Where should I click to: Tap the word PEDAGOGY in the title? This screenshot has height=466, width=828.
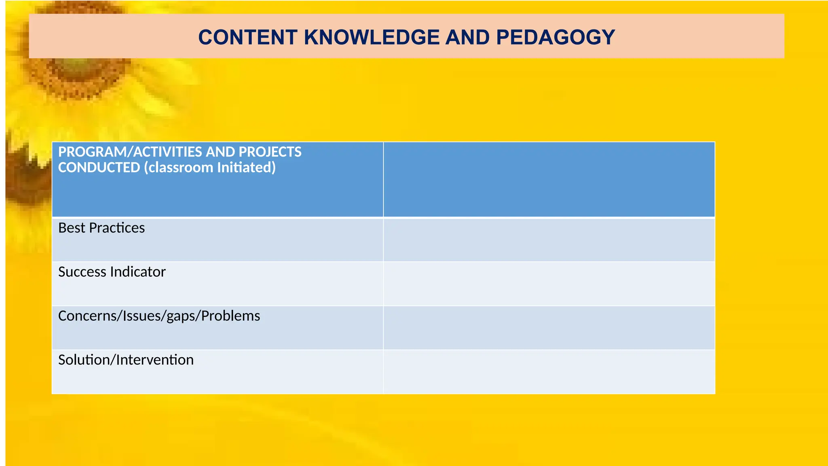(555, 37)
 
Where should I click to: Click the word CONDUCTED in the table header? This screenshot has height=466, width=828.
(99, 167)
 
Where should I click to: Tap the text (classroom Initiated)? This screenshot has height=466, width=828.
(210, 167)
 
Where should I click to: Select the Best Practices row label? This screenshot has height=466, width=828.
(101, 228)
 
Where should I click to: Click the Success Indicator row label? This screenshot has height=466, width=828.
(112, 272)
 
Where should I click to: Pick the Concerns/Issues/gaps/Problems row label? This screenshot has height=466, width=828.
(159, 316)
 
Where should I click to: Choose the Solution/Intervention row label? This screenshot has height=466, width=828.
(126, 360)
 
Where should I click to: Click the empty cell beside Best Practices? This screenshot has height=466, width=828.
(549, 239)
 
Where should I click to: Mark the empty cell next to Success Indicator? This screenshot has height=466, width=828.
(549, 284)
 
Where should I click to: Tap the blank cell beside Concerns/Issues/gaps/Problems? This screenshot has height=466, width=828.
(549, 328)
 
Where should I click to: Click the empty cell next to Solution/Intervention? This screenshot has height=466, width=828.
(549, 371)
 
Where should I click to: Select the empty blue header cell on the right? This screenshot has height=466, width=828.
(549, 179)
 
